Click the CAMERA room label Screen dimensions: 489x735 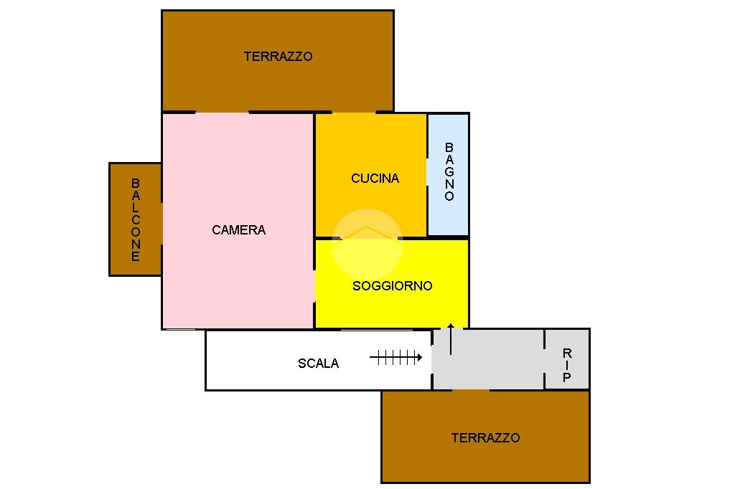coord(239,230)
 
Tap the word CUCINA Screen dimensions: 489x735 coord(375,179)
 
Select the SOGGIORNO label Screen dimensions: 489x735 coord(392,286)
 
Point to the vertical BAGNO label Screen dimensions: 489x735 coord(449,172)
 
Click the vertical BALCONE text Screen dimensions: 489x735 coord(136,219)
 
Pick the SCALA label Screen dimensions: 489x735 coord(318,364)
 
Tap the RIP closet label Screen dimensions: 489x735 coord(567,365)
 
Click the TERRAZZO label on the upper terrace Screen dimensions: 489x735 coord(278,56)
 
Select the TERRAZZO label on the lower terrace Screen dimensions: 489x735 coord(485,438)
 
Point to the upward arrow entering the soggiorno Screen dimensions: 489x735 coord(451,339)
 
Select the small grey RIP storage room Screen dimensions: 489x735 coord(567,344)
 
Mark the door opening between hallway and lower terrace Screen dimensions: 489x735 coord(471,390)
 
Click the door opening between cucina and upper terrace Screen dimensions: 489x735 coord(353,113)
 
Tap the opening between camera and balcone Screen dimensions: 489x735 coord(161,223)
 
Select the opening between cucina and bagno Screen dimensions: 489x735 coord(428,172)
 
